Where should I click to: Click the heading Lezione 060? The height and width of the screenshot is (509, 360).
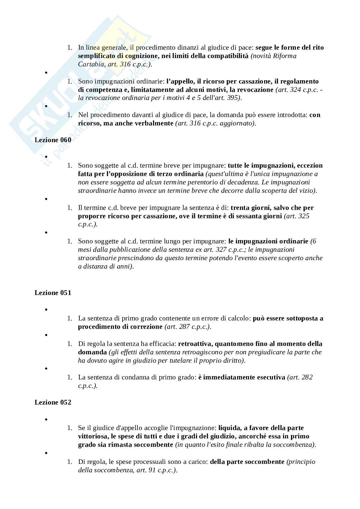click(53, 140)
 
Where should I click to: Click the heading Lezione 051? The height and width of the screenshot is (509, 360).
click(53, 293)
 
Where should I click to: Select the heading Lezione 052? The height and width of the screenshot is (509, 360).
click(53, 402)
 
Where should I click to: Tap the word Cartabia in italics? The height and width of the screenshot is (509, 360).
click(91, 64)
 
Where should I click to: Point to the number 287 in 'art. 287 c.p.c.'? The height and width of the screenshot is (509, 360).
click(184, 327)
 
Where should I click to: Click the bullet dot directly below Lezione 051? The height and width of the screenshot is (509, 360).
click(46, 310)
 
